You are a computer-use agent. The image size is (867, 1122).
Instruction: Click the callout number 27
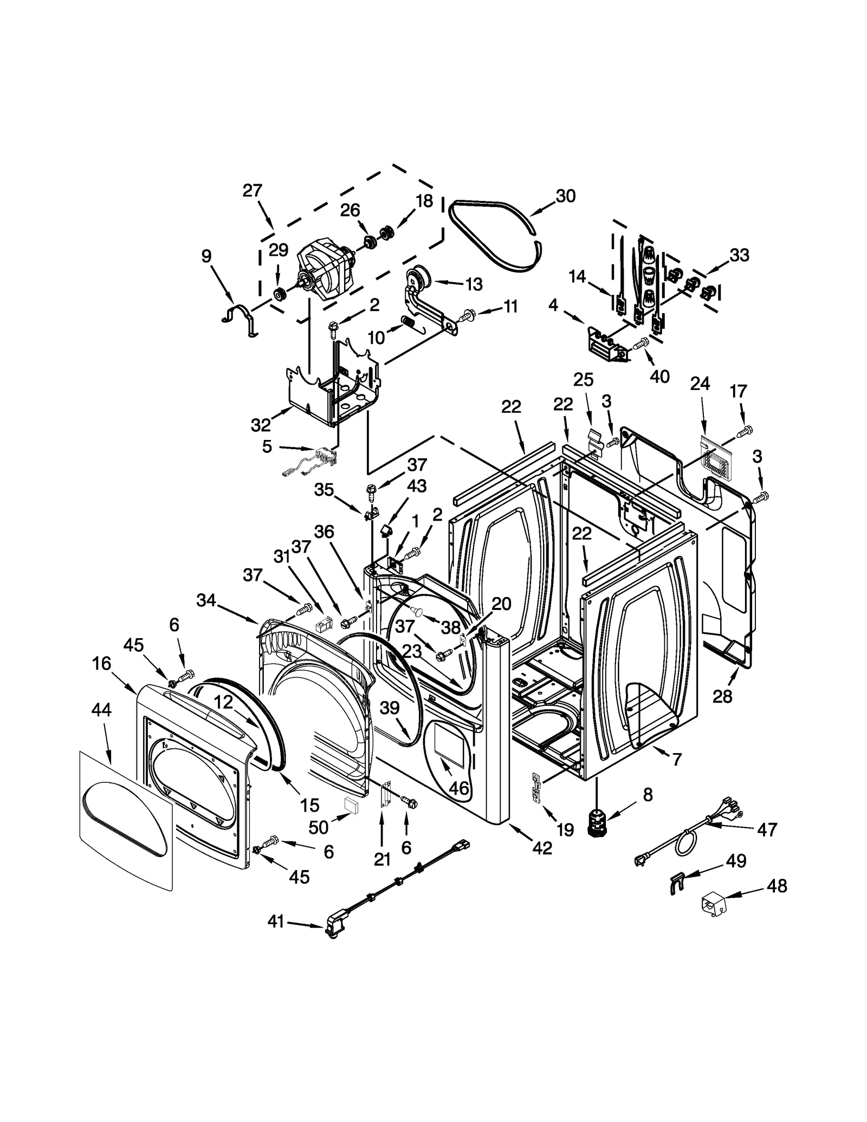[x=252, y=191]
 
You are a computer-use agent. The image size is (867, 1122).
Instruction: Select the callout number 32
[x=261, y=425]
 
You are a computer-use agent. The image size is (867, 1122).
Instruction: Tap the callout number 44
[x=101, y=709]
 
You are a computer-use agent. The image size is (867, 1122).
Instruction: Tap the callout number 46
[x=458, y=788]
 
